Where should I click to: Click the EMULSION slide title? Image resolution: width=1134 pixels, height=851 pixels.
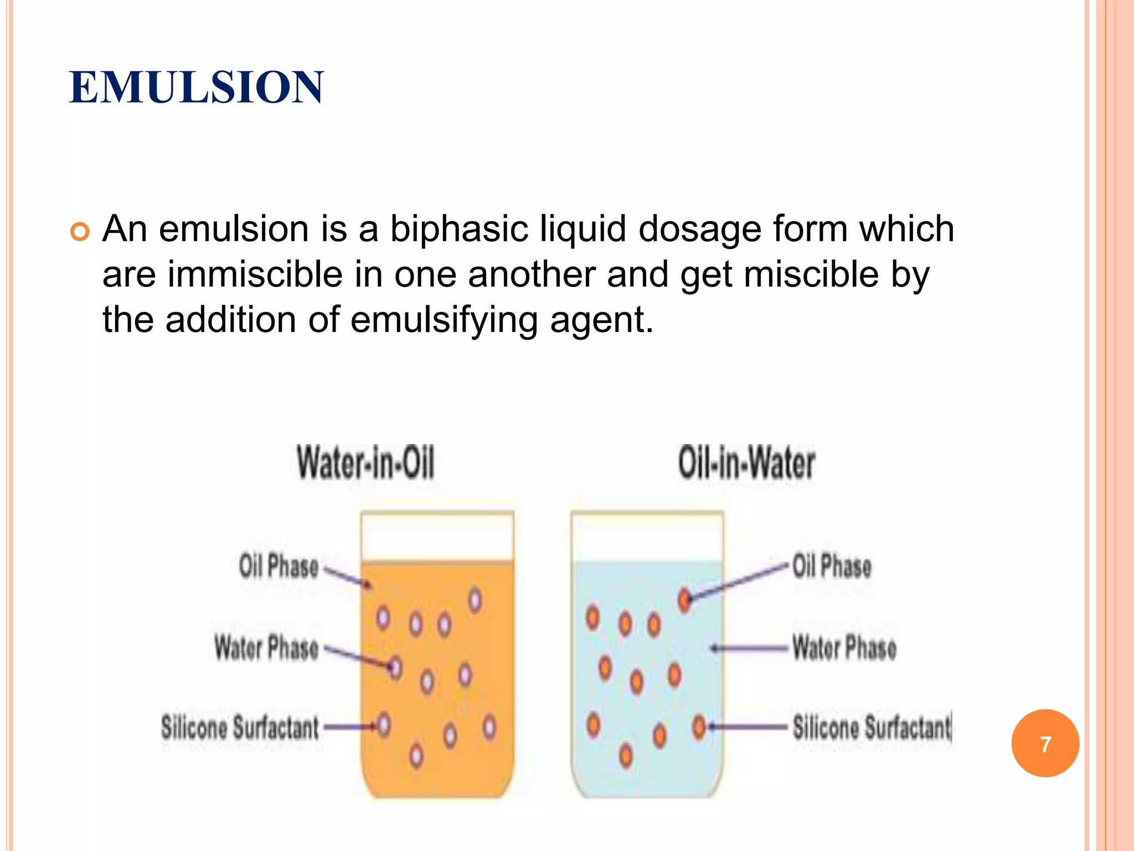tap(197, 88)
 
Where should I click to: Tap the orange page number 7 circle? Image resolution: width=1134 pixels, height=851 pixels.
tap(1045, 744)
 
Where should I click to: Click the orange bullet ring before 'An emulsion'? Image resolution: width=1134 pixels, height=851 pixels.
tap(80, 232)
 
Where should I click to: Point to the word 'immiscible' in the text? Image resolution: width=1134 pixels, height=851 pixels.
tap(255, 274)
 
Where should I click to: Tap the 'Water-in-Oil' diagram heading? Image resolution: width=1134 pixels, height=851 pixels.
tap(366, 463)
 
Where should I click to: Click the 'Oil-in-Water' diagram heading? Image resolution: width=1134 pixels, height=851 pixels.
tap(746, 463)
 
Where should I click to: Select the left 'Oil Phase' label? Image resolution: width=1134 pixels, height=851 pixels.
tap(279, 566)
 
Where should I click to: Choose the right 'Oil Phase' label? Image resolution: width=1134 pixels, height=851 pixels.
tap(832, 566)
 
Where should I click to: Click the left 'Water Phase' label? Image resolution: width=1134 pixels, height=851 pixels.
tap(266, 648)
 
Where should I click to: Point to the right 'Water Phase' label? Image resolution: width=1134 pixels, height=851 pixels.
tap(844, 648)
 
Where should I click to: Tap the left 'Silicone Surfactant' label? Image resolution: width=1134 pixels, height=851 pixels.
tap(240, 727)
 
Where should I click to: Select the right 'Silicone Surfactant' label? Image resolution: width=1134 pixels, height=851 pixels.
tap(872, 727)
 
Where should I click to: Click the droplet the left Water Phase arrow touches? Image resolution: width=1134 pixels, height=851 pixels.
tap(395, 667)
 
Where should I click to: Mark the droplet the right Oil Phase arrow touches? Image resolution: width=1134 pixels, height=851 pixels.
tap(685, 599)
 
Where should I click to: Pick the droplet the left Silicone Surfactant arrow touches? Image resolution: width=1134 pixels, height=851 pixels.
tap(384, 725)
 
